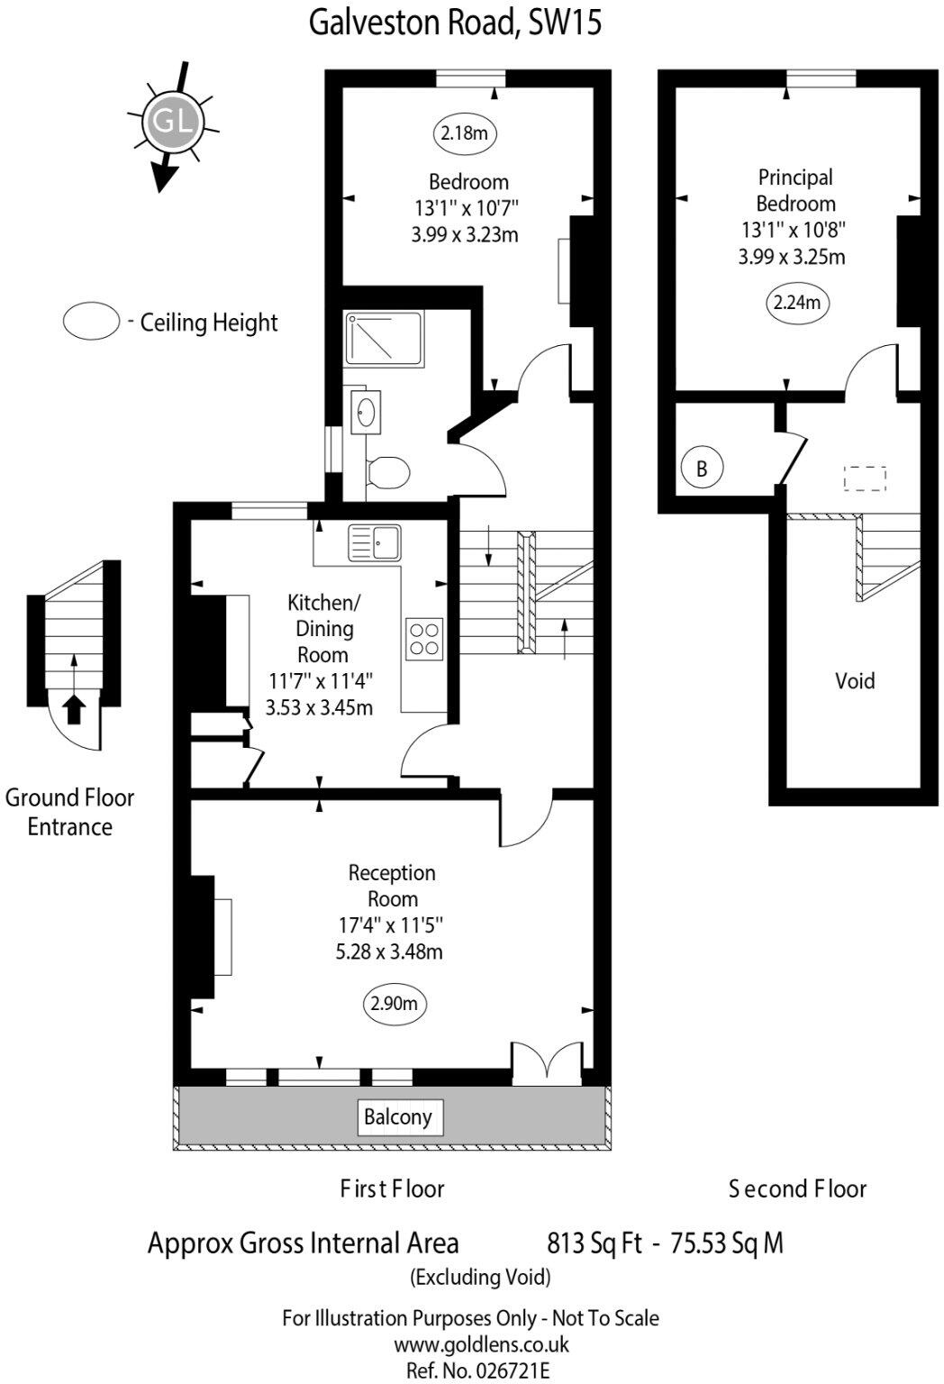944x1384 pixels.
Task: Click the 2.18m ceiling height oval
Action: [x=464, y=134]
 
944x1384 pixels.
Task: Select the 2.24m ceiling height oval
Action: [x=797, y=303]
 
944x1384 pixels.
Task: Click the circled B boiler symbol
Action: [x=702, y=469]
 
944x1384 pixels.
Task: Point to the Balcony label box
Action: [x=397, y=1117]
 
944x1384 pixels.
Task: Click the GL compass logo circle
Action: [x=172, y=121]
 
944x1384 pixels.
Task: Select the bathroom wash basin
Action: [x=365, y=413]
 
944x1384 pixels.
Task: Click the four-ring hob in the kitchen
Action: [x=424, y=638]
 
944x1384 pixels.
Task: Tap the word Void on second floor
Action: [x=854, y=680]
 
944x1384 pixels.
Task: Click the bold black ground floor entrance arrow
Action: [x=75, y=708]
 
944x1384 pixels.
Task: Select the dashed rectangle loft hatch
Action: [x=865, y=478]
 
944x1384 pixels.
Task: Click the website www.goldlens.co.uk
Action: [x=481, y=1344]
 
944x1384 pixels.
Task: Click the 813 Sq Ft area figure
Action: [x=595, y=1243]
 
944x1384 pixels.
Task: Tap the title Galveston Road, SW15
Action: [x=455, y=22]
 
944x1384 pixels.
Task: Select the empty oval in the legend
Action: [x=91, y=321]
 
